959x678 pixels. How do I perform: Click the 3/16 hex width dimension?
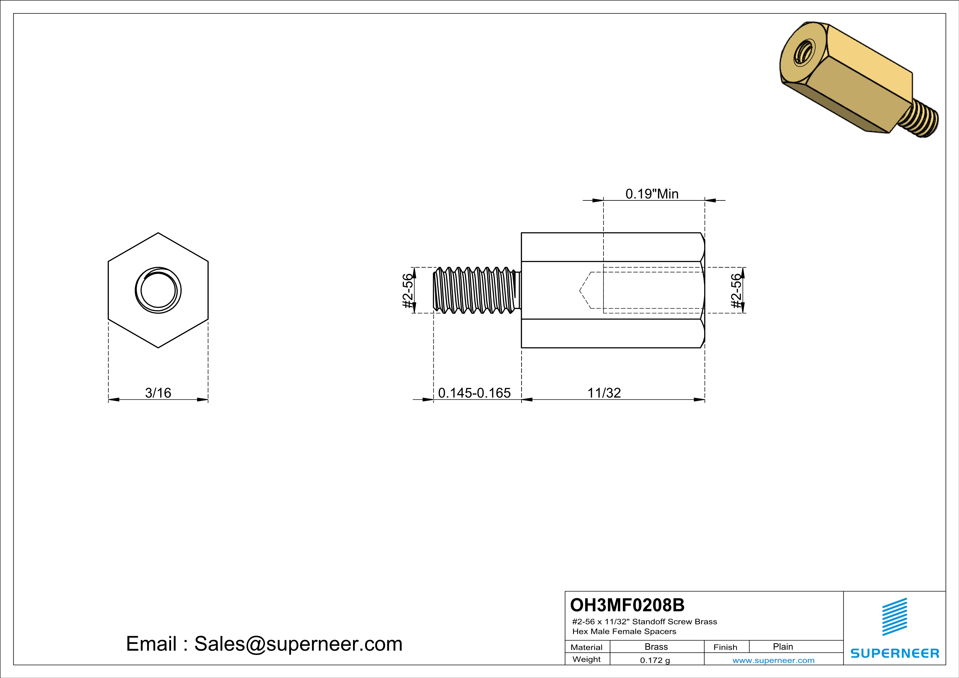[x=158, y=393]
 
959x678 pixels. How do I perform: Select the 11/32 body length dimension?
[x=604, y=393]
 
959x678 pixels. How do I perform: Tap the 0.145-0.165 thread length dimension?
[x=474, y=393]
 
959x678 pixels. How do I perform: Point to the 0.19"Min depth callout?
[x=652, y=194]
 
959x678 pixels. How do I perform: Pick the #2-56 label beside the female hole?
[x=737, y=291]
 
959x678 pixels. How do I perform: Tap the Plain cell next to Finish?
[x=782, y=647]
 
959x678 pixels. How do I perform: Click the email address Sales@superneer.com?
[x=298, y=644]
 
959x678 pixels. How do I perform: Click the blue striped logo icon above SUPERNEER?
[x=894, y=617]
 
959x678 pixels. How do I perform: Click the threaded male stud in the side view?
[x=475, y=290]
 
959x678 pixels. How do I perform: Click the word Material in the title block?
[x=587, y=647]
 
